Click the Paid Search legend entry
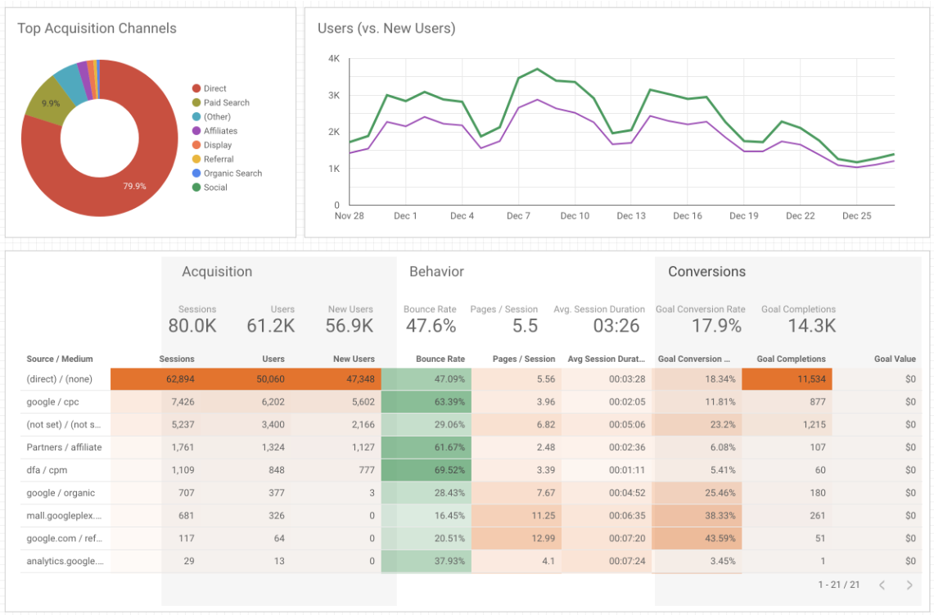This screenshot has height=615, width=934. [x=226, y=102]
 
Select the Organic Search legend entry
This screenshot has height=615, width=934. [x=232, y=173]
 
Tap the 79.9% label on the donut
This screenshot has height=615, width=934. [x=134, y=186]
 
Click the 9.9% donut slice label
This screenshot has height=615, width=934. [x=51, y=104]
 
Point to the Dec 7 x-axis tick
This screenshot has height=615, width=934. [x=518, y=216]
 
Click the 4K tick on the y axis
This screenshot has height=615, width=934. [x=334, y=59]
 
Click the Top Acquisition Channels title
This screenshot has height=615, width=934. [x=97, y=29]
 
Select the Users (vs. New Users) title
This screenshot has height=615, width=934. [x=386, y=29]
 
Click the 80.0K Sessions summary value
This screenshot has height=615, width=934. [x=192, y=326]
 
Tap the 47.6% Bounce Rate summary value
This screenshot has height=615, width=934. [x=430, y=326]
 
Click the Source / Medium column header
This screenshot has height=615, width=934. [x=60, y=359]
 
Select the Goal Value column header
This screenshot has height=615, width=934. [x=895, y=359]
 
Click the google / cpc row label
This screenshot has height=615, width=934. [x=53, y=402]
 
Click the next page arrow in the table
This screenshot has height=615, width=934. [x=909, y=585]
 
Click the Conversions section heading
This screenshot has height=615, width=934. [x=706, y=272]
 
